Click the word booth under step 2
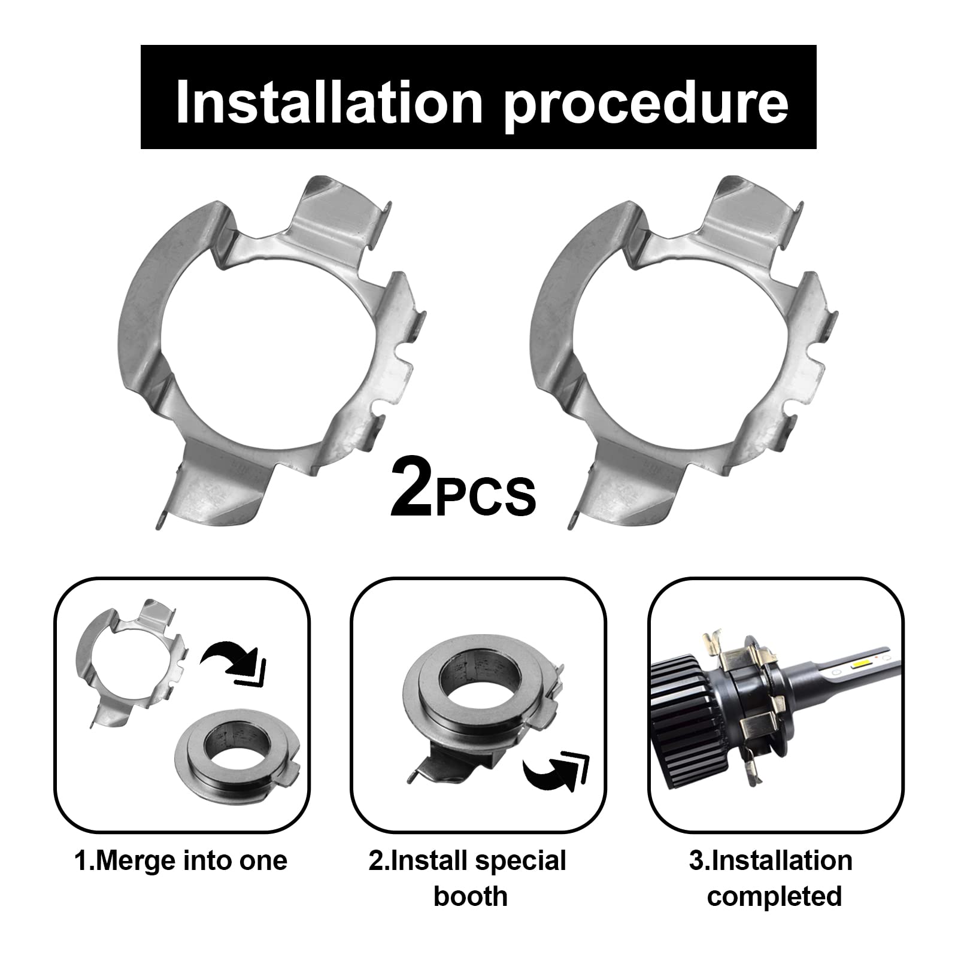(471, 896)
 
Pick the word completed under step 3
(775, 896)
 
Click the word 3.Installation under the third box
(771, 861)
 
